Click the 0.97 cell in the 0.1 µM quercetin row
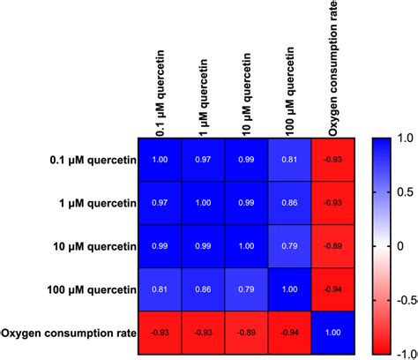[x=203, y=160]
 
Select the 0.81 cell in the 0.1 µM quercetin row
[x=290, y=160]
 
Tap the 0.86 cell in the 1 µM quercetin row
[x=290, y=203]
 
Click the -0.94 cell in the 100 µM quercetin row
[x=333, y=289]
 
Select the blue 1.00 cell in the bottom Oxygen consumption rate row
[x=333, y=333]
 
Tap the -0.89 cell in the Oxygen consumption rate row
[x=247, y=333]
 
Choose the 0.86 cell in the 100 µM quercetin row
[x=203, y=289]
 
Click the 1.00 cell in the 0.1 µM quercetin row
[x=160, y=160]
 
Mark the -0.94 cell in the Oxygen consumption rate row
[x=290, y=333]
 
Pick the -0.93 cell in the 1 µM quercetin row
[x=333, y=203]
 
